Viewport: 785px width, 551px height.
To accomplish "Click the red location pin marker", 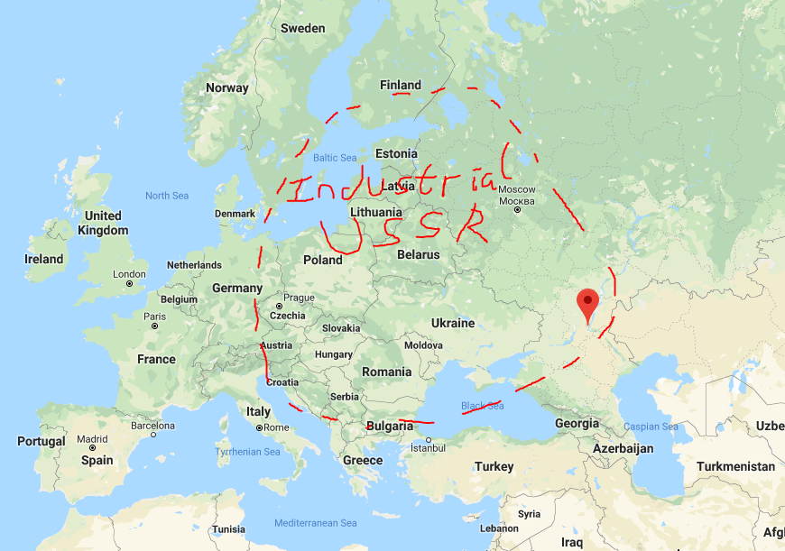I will coord(588,305).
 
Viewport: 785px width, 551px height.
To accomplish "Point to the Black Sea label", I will coord(483,406).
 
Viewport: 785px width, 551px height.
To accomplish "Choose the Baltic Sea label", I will coord(335,158).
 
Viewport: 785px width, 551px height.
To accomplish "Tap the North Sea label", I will coord(167,196).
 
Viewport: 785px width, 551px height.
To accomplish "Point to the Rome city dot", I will coord(259,427).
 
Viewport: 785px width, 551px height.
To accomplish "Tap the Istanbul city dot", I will coord(429,440).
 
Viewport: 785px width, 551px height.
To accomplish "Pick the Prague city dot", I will coord(279,307).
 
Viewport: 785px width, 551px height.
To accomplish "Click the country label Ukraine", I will coord(453,323).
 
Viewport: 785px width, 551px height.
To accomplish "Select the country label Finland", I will coord(401,85).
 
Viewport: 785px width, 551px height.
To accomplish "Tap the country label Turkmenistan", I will coord(735,466).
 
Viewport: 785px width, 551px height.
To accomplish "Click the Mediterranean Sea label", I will coord(316,523).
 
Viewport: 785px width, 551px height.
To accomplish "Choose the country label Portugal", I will coord(42,441).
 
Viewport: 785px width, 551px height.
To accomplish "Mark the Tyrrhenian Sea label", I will coord(248,451).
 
